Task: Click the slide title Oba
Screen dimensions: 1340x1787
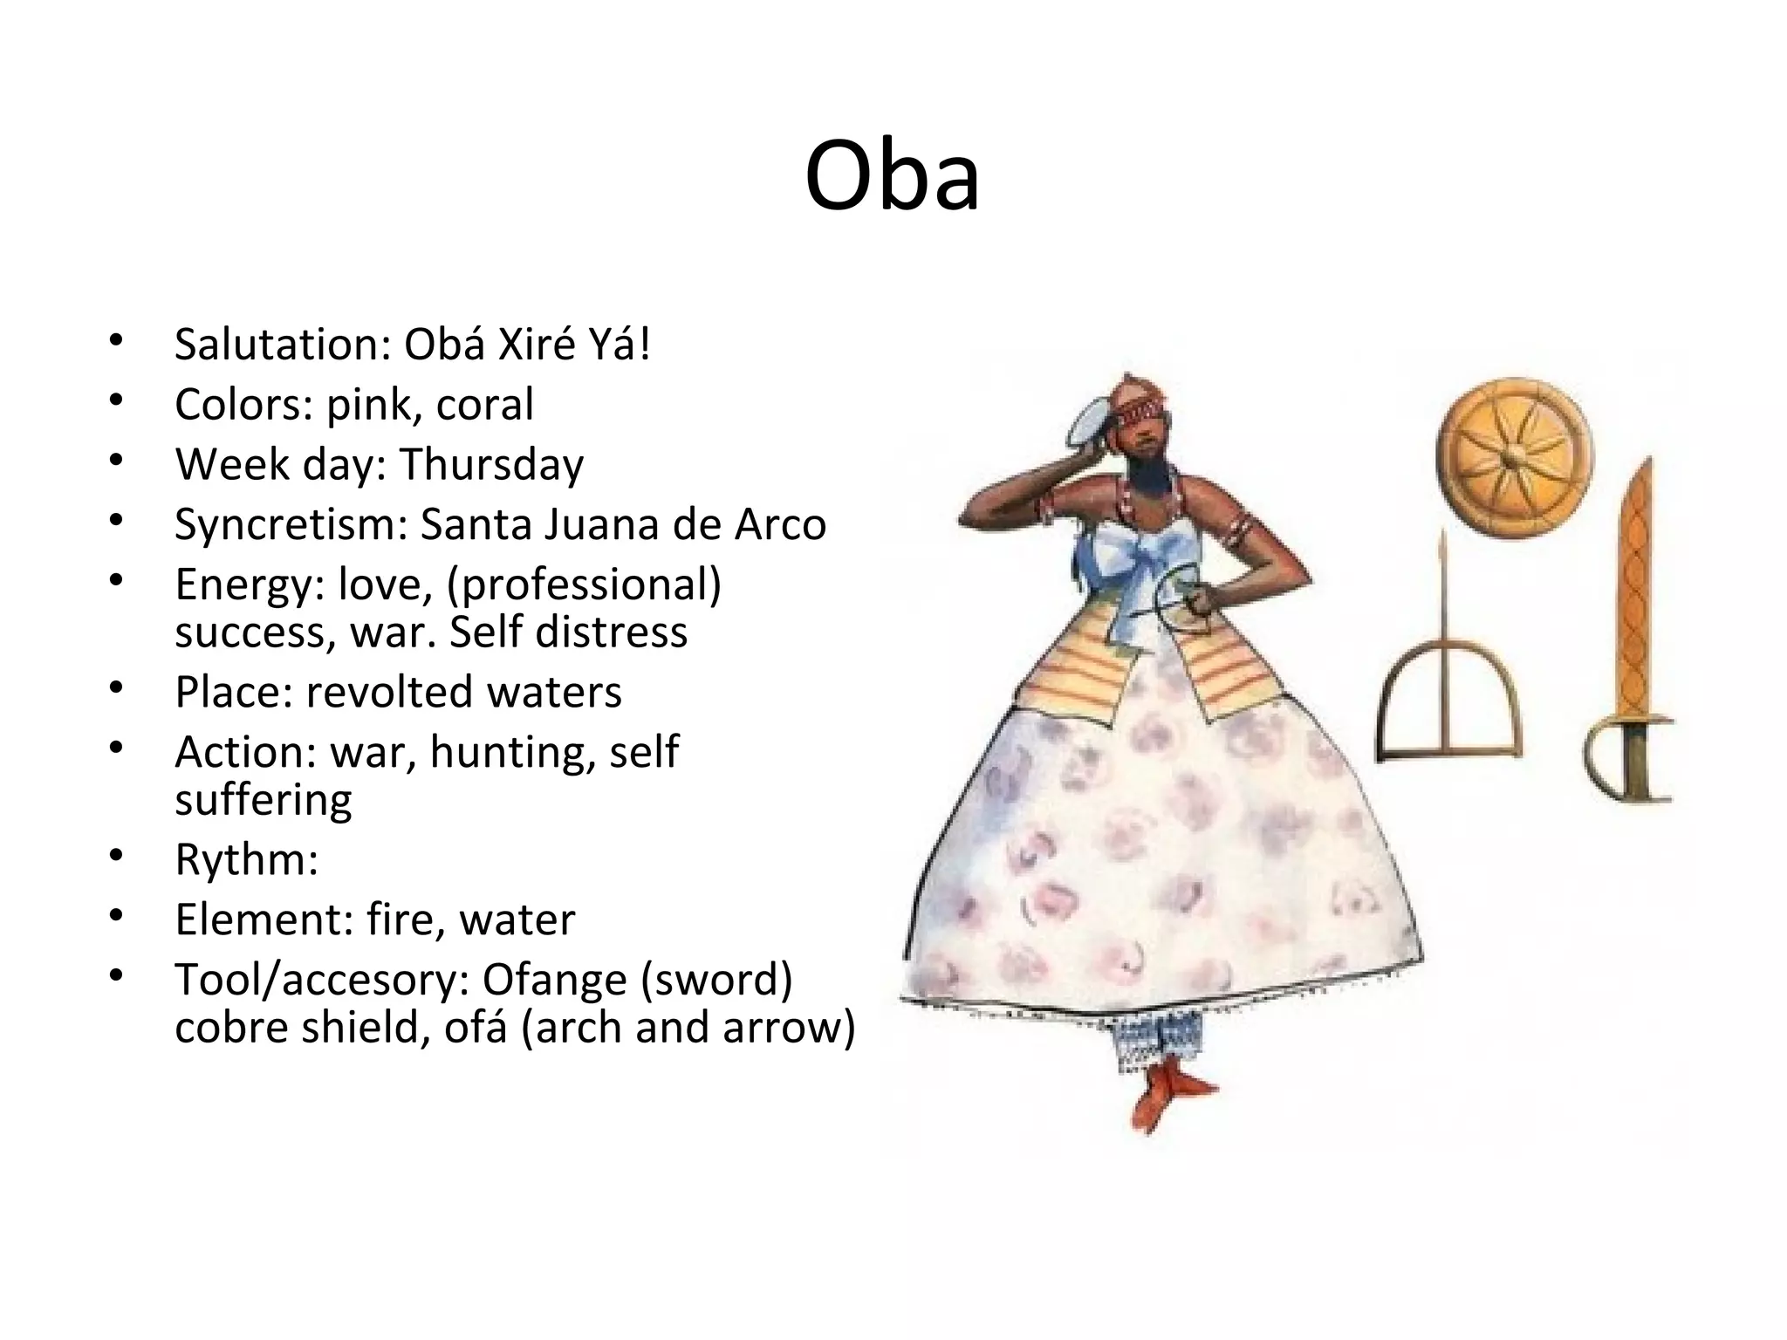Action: pyautogui.click(x=892, y=177)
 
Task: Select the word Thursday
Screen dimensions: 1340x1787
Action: pyautogui.click(x=492, y=464)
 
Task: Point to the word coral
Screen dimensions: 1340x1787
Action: pyautogui.click(x=484, y=405)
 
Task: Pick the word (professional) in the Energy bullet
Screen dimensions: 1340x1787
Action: pyautogui.click(x=584, y=585)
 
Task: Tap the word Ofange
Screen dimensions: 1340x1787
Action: pyautogui.click(x=554, y=980)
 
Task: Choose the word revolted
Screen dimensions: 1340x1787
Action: pyautogui.click(x=389, y=692)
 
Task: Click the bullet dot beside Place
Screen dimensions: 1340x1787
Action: pyautogui.click(x=117, y=688)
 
